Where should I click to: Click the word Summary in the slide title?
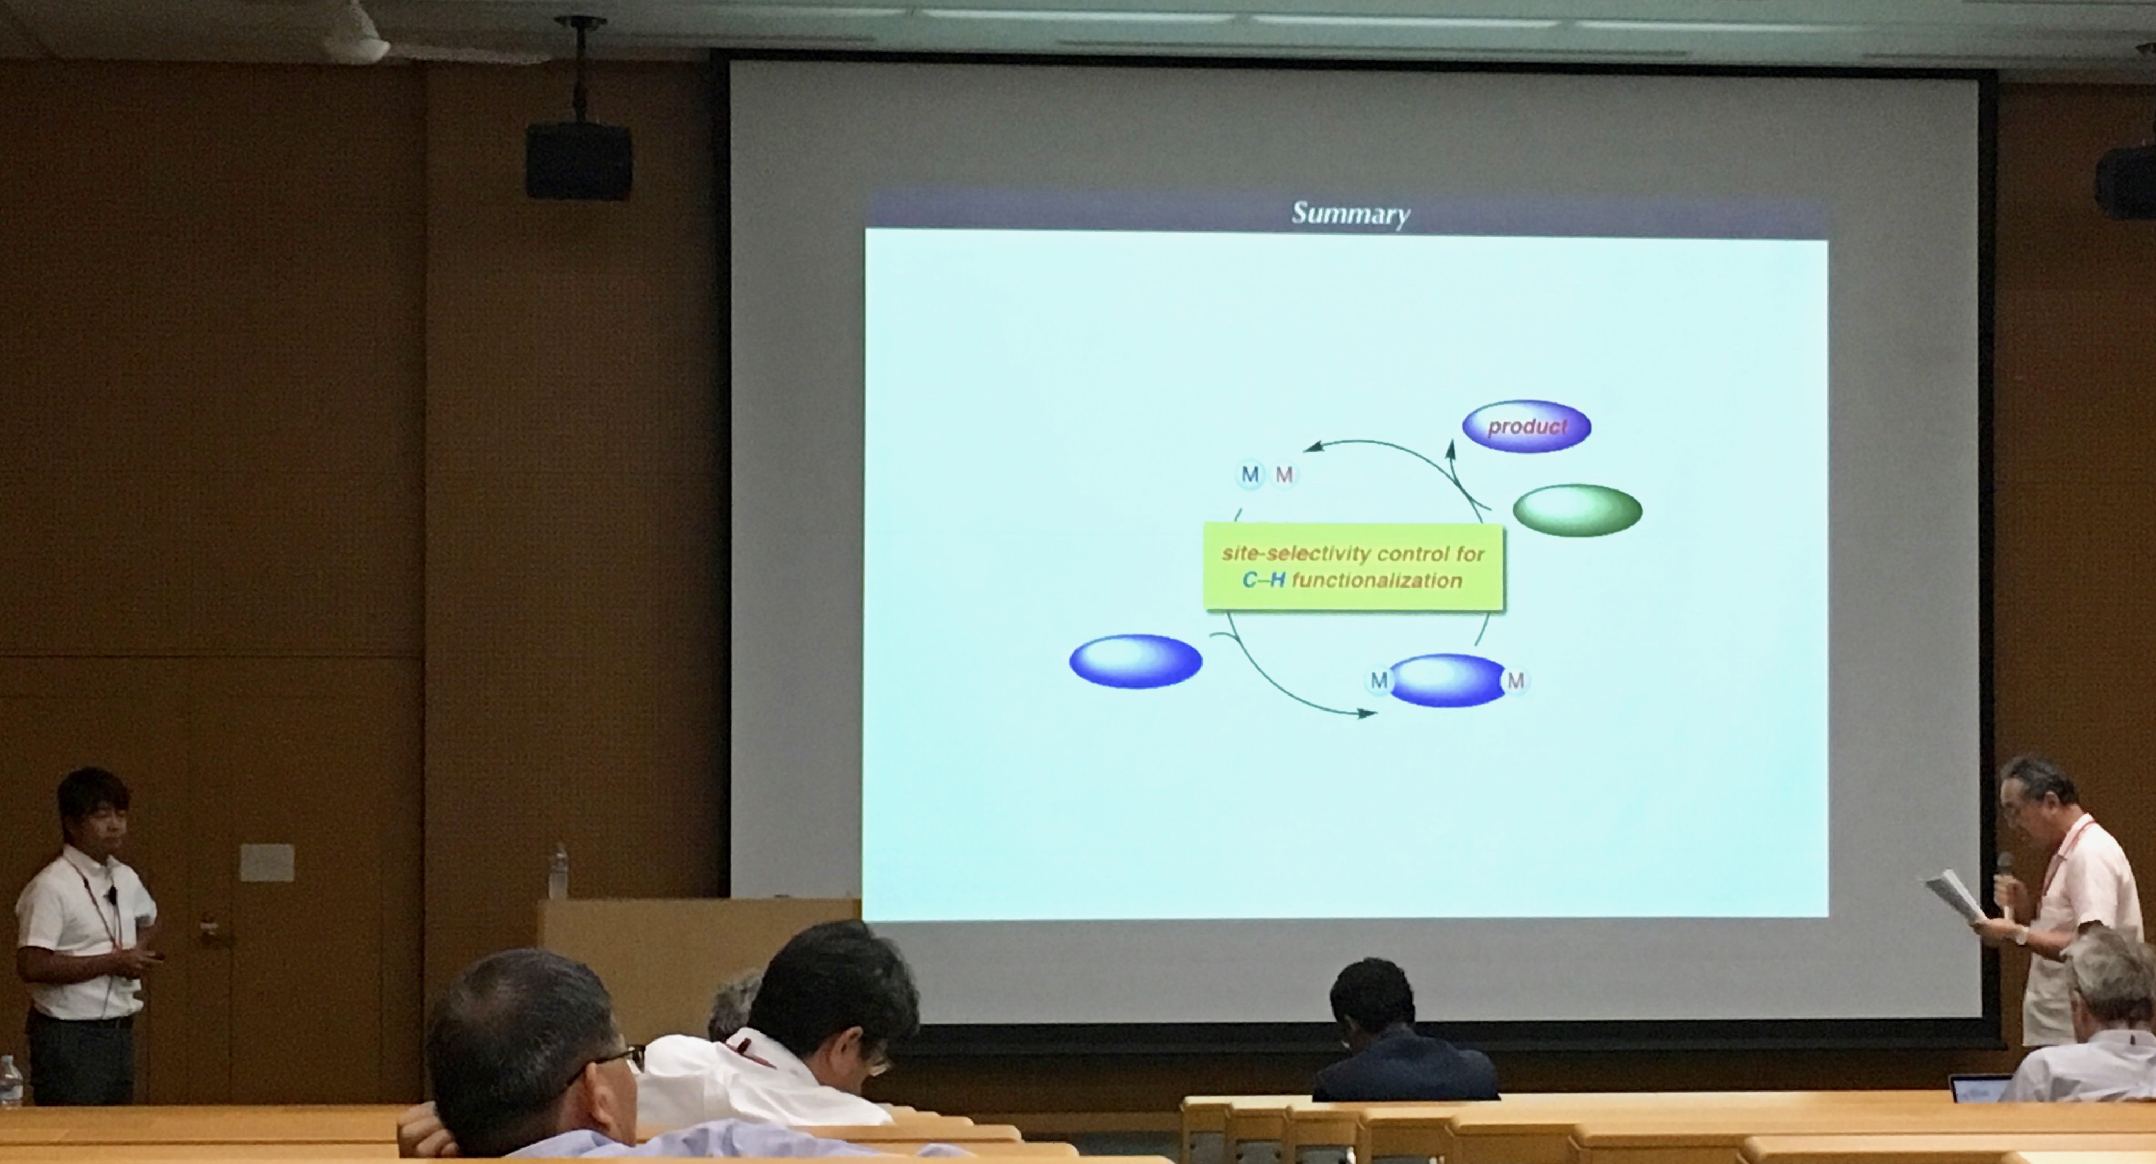[x=1351, y=214]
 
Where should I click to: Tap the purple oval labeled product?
[x=1527, y=426]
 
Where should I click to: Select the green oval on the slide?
[x=1578, y=510]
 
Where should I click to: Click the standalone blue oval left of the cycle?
[x=1136, y=661]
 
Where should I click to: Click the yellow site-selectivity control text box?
[x=1353, y=567]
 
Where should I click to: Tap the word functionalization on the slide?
[x=1377, y=580]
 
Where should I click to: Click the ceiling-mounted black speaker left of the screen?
[x=578, y=162]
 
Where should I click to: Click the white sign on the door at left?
[x=266, y=863]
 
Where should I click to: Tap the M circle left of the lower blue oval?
[x=1379, y=681]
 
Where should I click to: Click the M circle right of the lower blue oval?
[x=1516, y=681]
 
